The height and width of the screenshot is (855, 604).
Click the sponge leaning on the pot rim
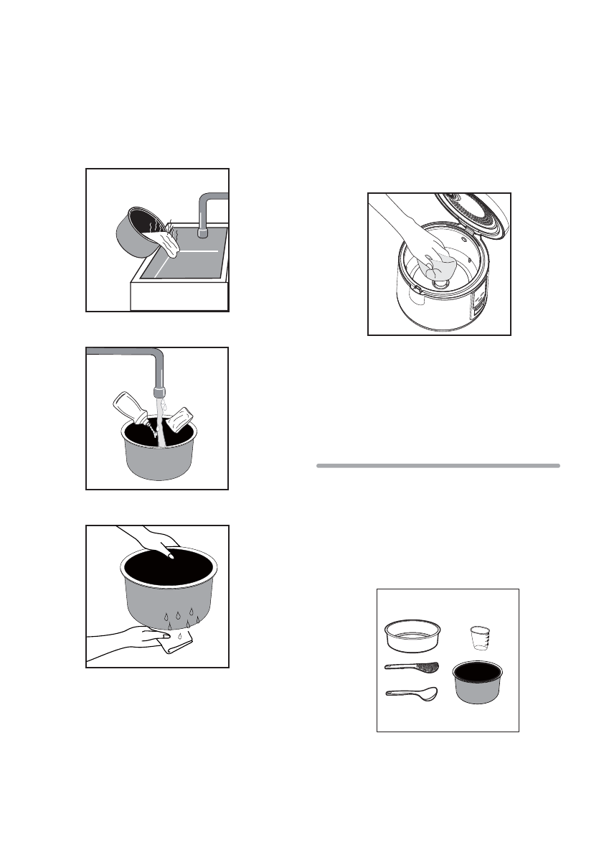tap(179, 420)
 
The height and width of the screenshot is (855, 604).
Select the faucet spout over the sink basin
tap(203, 231)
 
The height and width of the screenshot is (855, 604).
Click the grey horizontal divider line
tap(438, 466)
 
